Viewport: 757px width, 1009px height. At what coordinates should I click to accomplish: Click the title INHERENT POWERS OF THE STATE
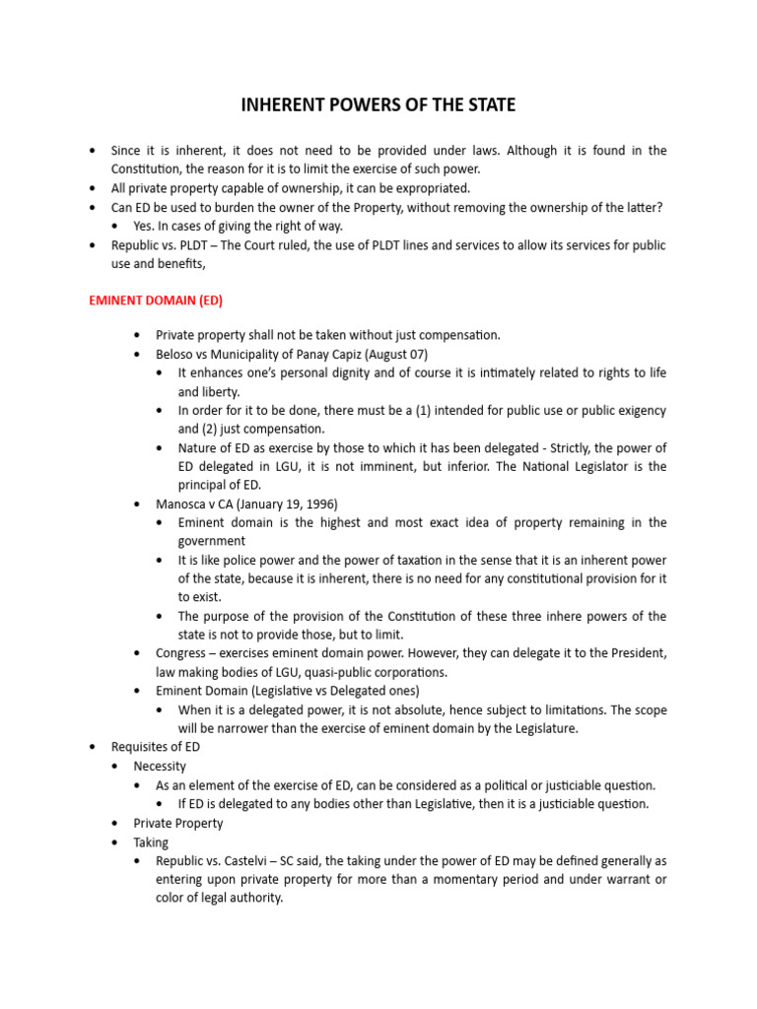(x=378, y=105)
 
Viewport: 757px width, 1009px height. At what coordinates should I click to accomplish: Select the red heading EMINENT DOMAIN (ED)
(x=151, y=300)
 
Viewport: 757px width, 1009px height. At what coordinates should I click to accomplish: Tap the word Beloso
(x=177, y=354)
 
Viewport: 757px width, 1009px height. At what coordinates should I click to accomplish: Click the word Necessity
(x=160, y=766)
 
